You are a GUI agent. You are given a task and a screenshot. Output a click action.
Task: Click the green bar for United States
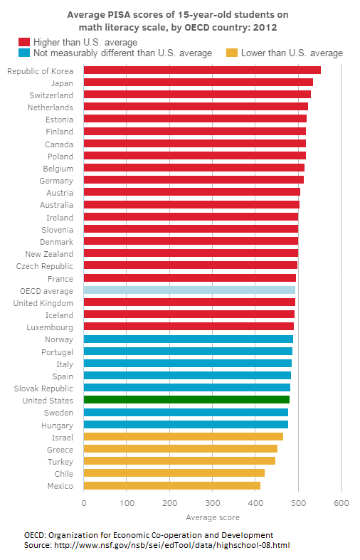(x=186, y=399)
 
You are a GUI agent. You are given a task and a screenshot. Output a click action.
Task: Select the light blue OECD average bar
(x=189, y=290)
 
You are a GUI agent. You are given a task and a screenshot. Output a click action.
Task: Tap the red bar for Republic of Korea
(x=202, y=70)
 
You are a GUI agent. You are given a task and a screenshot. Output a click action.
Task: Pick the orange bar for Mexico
(x=171, y=486)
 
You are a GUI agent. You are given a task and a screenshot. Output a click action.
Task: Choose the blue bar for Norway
(x=189, y=339)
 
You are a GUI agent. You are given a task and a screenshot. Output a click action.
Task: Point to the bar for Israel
(x=184, y=436)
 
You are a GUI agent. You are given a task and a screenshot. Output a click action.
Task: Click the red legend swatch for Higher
(x=24, y=42)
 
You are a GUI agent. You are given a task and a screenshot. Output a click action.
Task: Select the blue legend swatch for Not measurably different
(x=24, y=53)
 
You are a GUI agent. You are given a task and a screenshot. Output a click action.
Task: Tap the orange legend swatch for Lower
(x=232, y=53)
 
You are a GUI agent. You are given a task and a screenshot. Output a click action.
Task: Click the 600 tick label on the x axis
(x=341, y=503)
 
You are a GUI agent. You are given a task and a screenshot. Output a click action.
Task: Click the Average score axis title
(x=213, y=517)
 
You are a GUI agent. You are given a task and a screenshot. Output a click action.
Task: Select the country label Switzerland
(x=51, y=95)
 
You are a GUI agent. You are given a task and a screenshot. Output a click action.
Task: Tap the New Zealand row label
(x=49, y=254)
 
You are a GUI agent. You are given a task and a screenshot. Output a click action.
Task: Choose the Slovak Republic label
(x=43, y=389)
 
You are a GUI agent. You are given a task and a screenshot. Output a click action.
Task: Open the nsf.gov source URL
(x=171, y=545)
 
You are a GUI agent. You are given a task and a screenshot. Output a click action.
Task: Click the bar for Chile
(x=174, y=473)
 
